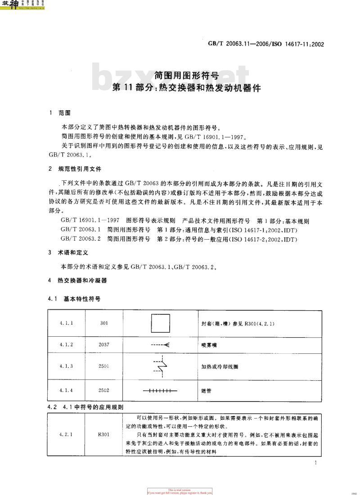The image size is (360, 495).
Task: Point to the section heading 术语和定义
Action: [x=72, y=254]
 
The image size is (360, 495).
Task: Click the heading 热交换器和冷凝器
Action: [x=82, y=280]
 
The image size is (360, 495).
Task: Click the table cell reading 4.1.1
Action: [x=66, y=323]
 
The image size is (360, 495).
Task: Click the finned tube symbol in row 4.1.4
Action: [x=160, y=390]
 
